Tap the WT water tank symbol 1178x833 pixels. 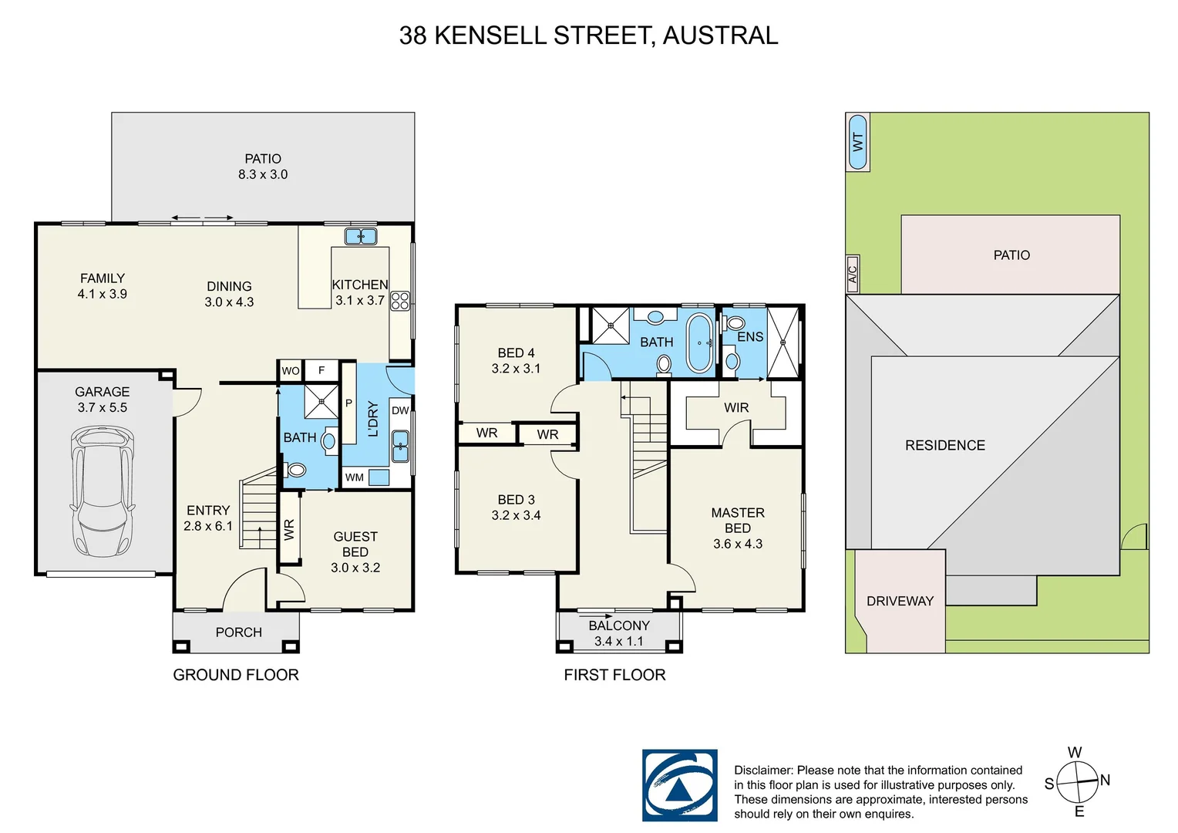click(857, 142)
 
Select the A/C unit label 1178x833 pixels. click(853, 274)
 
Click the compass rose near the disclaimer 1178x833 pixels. click(1077, 781)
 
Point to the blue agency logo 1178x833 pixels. click(679, 785)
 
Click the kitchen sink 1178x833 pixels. click(361, 236)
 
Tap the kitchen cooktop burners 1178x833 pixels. click(399, 301)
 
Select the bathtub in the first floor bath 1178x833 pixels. click(700, 343)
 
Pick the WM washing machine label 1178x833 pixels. click(355, 477)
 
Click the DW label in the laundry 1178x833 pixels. click(400, 410)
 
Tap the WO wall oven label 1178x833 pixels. click(291, 371)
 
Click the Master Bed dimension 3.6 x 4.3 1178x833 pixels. click(738, 544)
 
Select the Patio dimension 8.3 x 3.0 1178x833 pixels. click(263, 175)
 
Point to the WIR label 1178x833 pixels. click(736, 407)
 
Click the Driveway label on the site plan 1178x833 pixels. click(900, 601)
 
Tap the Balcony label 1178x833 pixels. click(619, 626)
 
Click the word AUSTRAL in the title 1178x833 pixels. click(720, 35)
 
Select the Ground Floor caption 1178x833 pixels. click(236, 675)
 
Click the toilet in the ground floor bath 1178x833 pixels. click(296, 469)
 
